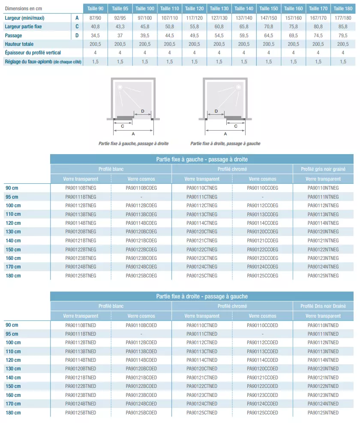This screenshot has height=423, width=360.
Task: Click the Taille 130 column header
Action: (219, 9)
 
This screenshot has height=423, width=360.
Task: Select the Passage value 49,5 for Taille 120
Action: (194, 36)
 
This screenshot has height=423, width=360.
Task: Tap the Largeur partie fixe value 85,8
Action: (343, 27)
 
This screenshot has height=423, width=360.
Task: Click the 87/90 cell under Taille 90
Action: (95, 18)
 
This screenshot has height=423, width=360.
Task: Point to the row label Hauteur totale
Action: (19, 44)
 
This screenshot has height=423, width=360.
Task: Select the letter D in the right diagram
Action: (216, 111)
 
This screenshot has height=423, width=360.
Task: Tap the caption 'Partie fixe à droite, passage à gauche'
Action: (225, 144)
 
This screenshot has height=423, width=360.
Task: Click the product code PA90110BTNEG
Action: (81, 188)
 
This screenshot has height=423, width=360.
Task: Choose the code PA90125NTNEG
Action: (323, 276)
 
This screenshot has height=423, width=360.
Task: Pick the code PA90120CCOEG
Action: (263, 232)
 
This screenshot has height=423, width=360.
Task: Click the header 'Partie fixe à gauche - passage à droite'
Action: (202, 159)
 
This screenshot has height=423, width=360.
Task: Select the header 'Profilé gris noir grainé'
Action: (323, 169)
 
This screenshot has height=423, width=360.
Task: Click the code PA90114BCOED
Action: (141, 360)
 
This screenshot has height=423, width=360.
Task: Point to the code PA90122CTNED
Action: (202, 386)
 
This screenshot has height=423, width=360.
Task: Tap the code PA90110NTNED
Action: (323, 325)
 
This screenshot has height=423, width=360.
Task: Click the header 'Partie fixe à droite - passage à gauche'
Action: (202, 296)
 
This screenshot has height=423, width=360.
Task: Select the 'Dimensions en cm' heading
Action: (24, 9)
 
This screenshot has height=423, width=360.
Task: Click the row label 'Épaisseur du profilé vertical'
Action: (33, 53)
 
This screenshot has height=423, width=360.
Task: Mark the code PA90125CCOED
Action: (263, 413)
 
